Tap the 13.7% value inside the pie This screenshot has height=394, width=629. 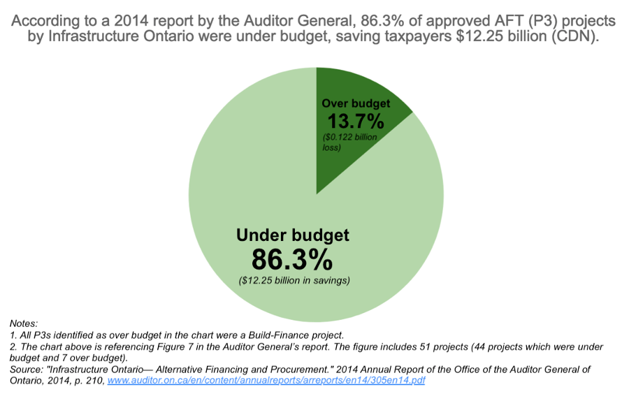(356, 121)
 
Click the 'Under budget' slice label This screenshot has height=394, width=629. (293, 235)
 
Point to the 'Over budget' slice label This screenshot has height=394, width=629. (356, 104)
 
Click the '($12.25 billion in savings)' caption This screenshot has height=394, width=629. (294, 281)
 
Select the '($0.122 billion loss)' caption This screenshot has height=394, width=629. (349, 142)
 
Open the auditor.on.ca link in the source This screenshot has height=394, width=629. (266, 381)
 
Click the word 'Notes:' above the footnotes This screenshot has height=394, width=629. (24, 323)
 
